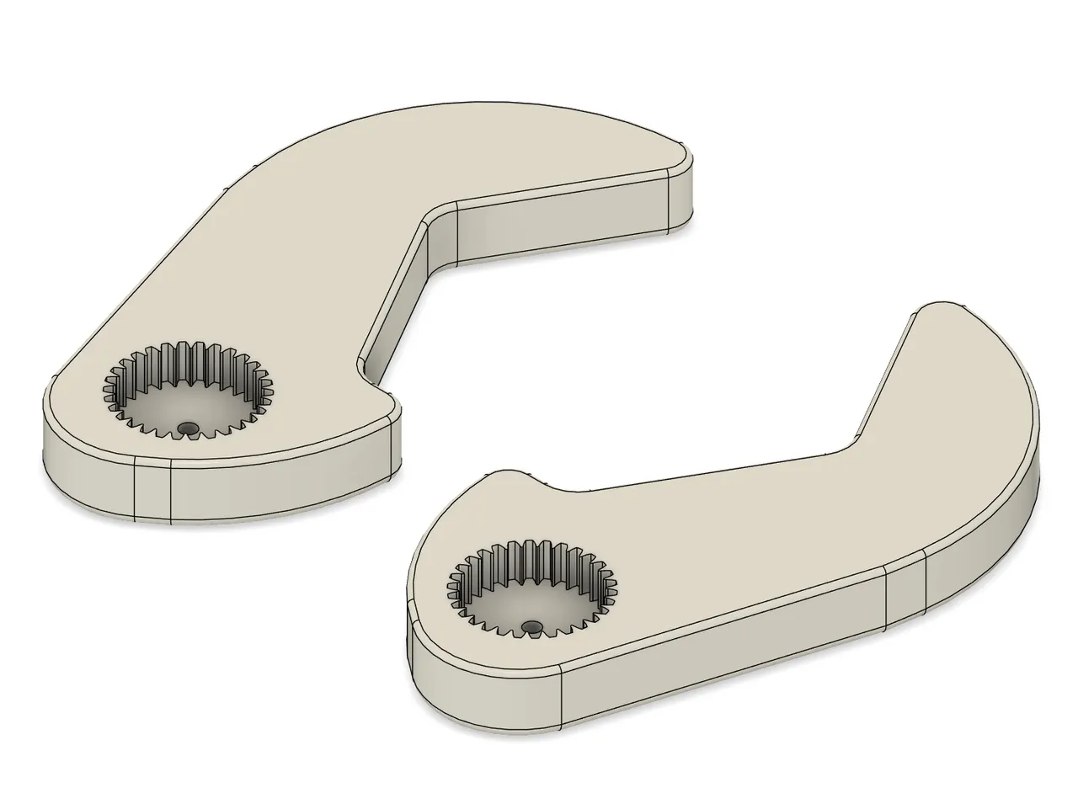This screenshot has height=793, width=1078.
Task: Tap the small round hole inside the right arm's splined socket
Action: (531, 627)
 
